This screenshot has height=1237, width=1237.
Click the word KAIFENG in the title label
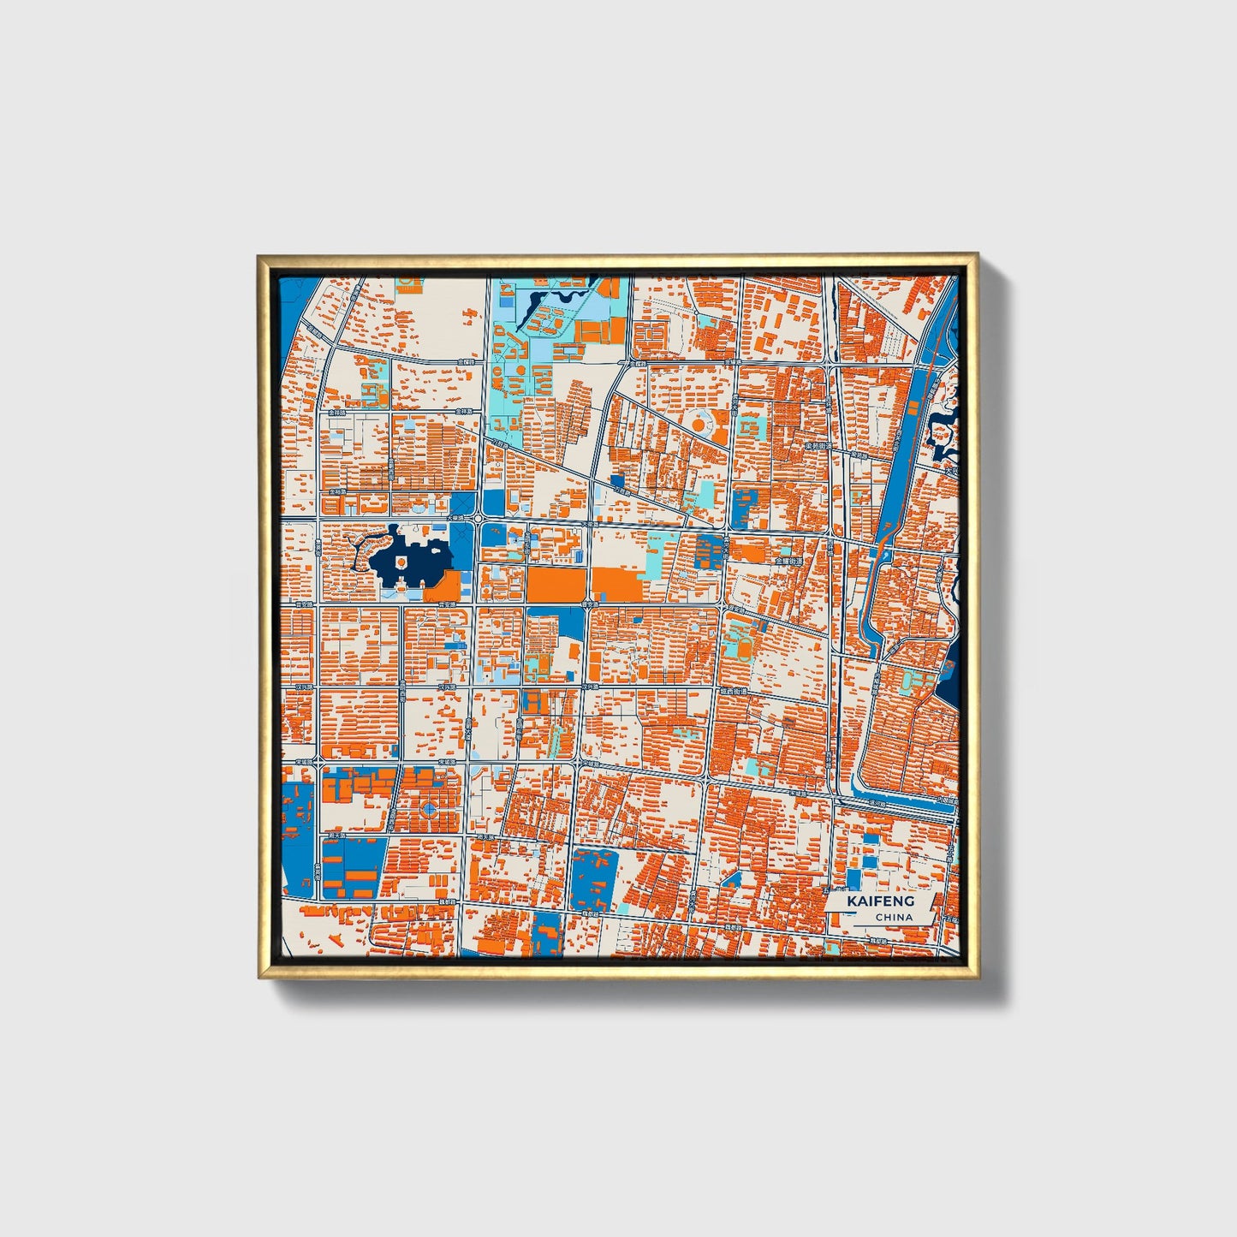tap(880, 901)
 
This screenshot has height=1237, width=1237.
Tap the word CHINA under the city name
tap(893, 917)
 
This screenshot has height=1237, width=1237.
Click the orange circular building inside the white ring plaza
tap(698, 424)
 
